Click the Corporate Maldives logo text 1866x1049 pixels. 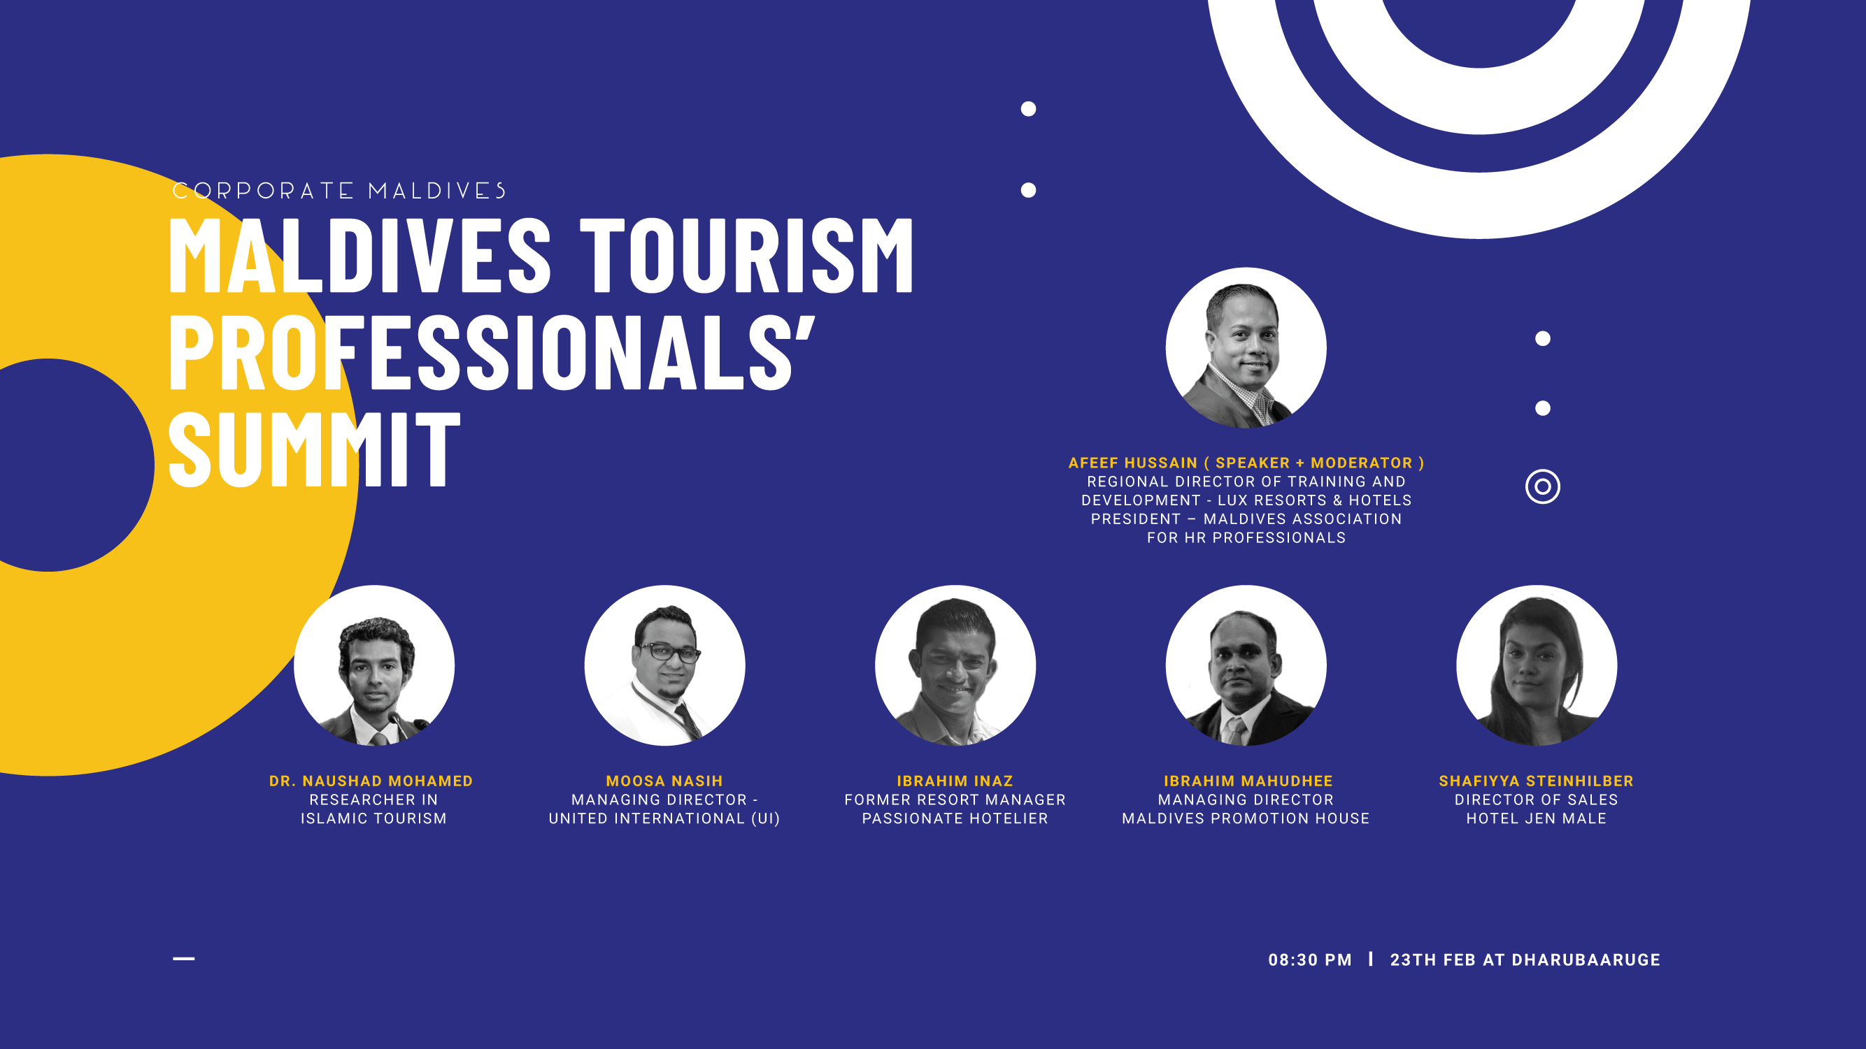click(339, 190)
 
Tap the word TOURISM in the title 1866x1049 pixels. click(747, 256)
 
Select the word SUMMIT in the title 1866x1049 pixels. click(315, 448)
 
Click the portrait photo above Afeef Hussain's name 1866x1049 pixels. click(1246, 347)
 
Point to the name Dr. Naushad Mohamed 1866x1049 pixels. click(371, 781)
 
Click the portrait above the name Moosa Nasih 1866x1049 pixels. click(664, 665)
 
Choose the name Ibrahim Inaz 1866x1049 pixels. click(955, 781)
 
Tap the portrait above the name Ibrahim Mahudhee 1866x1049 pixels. click(1246, 665)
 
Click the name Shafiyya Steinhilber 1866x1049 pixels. click(1537, 781)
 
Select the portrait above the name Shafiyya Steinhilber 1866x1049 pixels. click(1537, 665)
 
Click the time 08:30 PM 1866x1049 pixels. click(1310, 960)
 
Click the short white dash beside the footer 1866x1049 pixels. click(184, 959)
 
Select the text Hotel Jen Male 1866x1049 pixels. click(1537, 819)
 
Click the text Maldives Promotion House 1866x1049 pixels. click(1246, 819)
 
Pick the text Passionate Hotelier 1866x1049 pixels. click(955, 819)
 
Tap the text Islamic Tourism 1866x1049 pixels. click(373, 819)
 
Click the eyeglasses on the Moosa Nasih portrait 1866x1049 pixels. click(669, 651)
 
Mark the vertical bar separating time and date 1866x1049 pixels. click(1371, 959)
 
